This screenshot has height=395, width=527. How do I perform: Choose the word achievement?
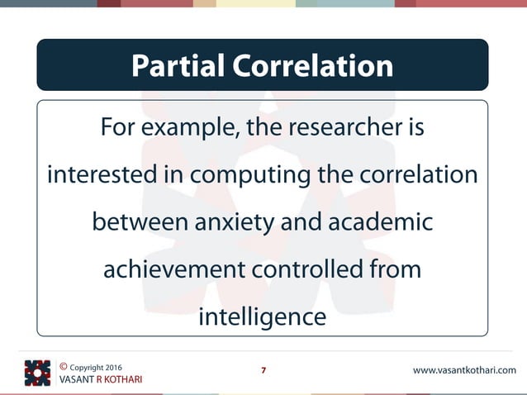click(176, 270)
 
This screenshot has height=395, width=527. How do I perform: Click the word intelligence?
click(263, 317)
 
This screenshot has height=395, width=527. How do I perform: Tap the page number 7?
click(263, 370)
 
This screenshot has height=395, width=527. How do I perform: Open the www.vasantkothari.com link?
click(463, 370)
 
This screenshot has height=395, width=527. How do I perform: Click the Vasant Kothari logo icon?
click(37, 373)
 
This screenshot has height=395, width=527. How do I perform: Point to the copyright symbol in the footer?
click(64, 365)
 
